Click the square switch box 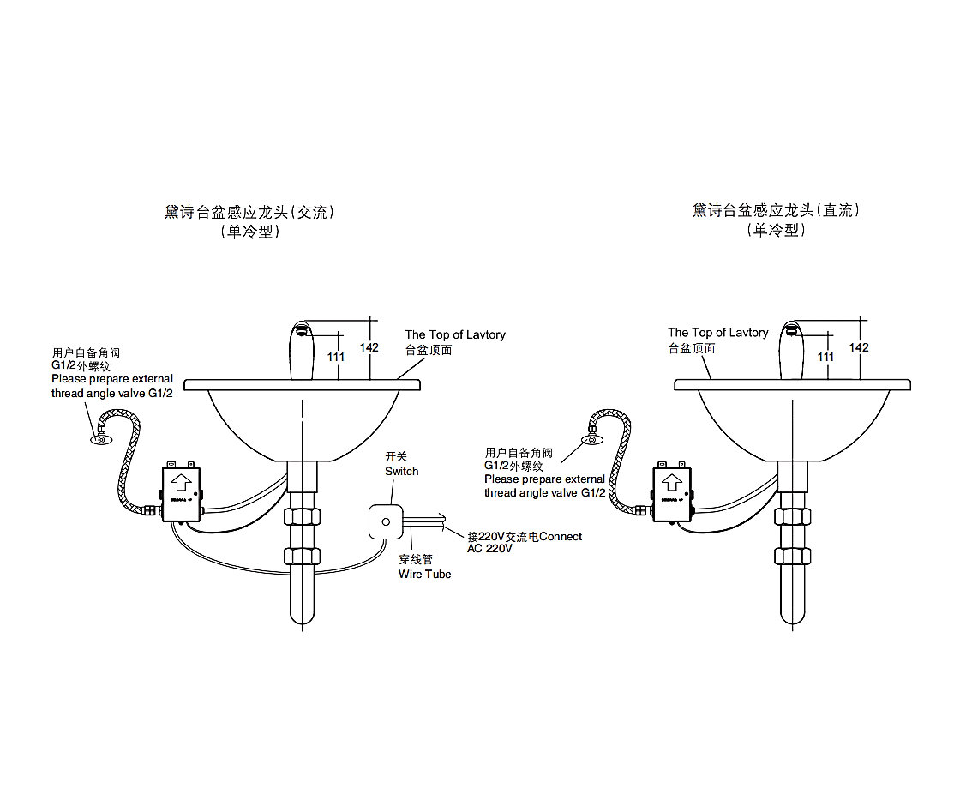[x=385, y=521]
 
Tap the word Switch [x=401, y=472]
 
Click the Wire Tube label [x=424, y=574]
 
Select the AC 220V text [x=489, y=549]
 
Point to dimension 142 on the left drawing [x=369, y=347]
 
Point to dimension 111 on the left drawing [x=336, y=356]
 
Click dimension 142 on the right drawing [x=858, y=347]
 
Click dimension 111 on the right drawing [x=825, y=356]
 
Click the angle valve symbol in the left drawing [x=101, y=441]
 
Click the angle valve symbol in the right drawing [x=591, y=441]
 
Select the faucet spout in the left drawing [x=299, y=348]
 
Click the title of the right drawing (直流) [x=776, y=210]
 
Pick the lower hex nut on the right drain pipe [x=791, y=555]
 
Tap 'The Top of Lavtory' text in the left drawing [x=455, y=334]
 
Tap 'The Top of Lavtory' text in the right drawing [x=717, y=333]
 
